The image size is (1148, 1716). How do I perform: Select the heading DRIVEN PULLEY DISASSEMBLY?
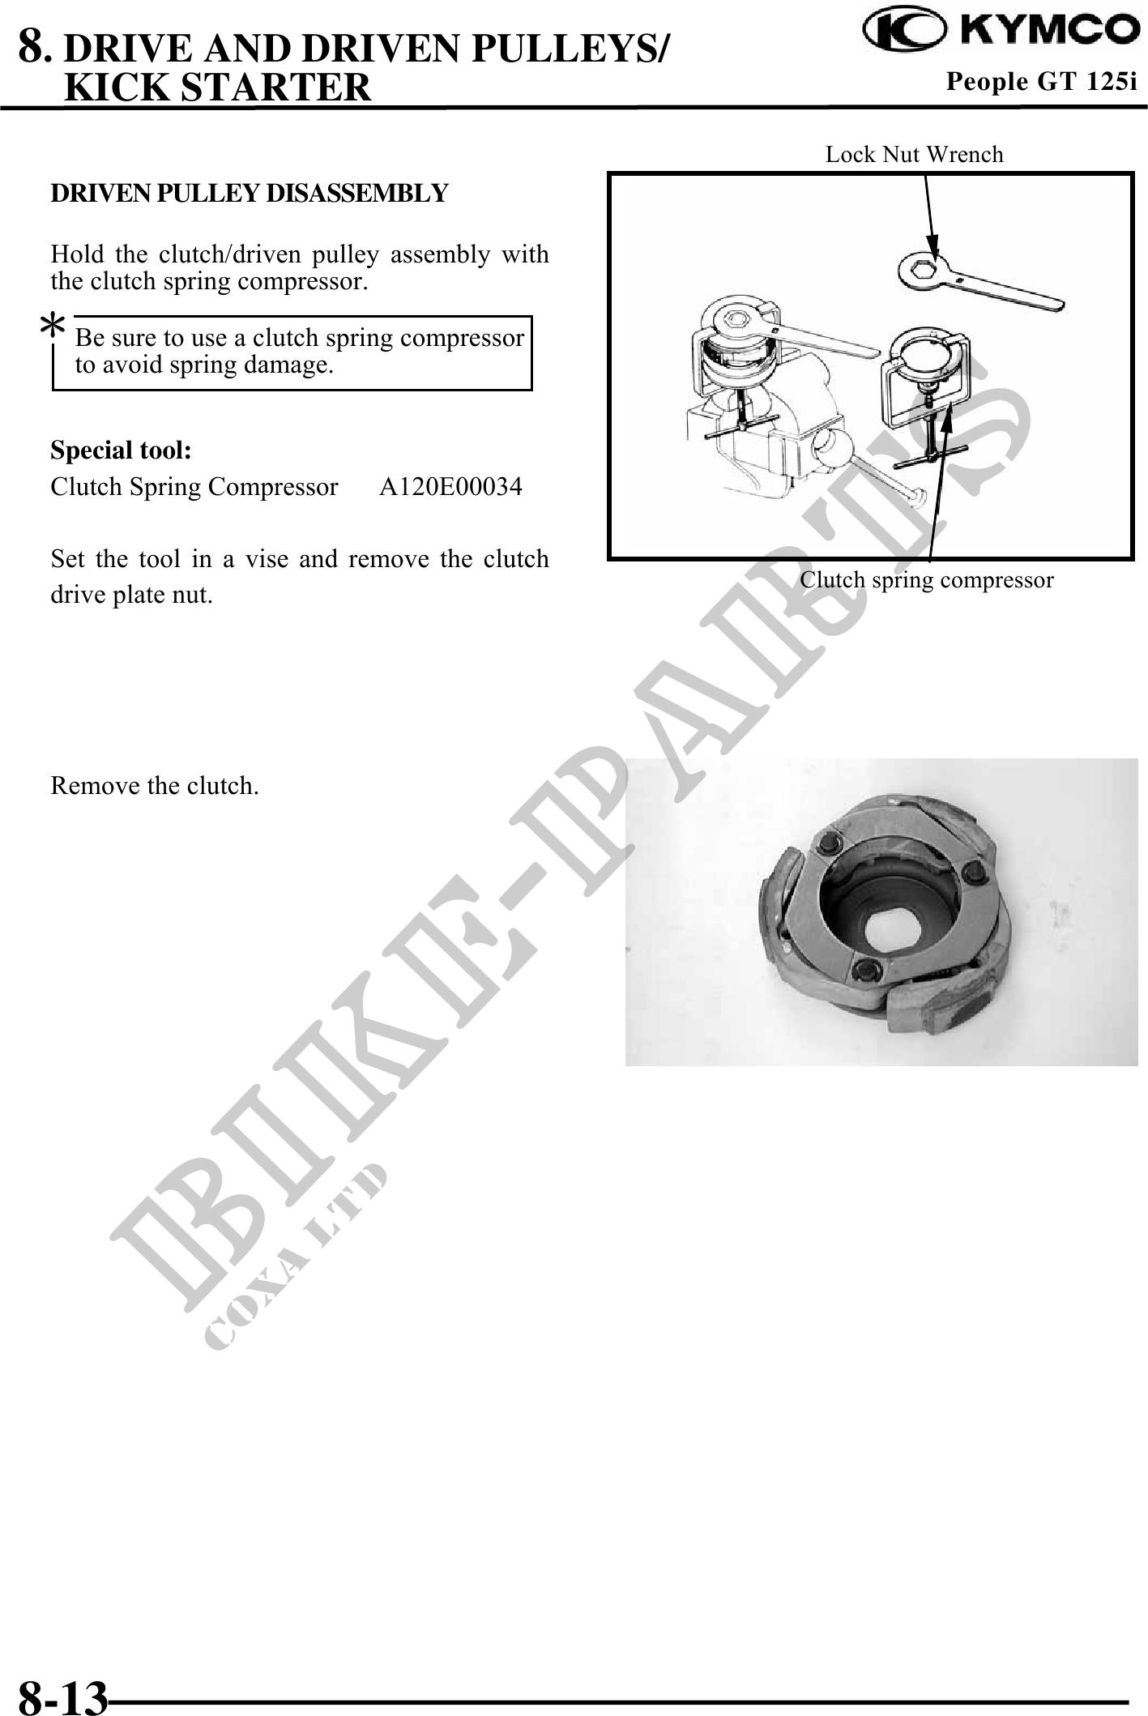(249, 194)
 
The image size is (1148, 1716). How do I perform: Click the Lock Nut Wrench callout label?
(914, 154)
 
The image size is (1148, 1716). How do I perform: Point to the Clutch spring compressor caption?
(927, 580)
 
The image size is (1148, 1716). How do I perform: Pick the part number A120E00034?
(451, 487)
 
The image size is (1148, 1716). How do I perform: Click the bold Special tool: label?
(121, 450)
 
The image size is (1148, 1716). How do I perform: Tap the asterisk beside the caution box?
(53, 327)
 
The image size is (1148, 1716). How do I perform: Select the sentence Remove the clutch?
(155, 786)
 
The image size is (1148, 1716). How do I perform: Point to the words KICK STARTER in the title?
(217, 87)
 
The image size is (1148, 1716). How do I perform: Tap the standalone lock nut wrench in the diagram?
(981, 281)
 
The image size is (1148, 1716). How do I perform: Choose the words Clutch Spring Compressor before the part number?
(194, 487)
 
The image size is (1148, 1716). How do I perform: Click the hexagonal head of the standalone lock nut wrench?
(924, 269)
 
